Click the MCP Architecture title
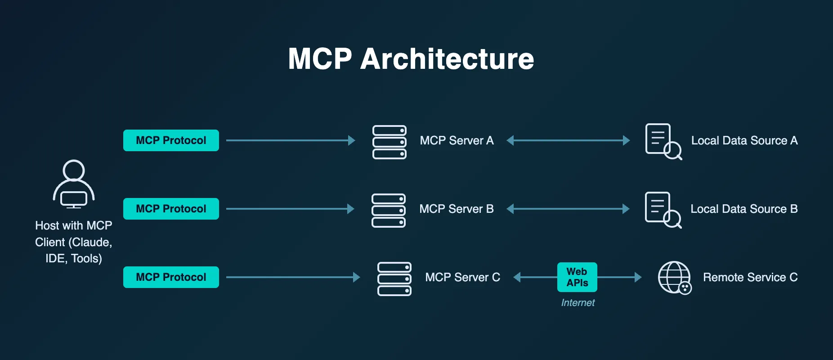(x=411, y=59)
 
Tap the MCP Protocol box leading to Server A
(x=171, y=140)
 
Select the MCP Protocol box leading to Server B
(x=171, y=209)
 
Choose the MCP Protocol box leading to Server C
(x=171, y=277)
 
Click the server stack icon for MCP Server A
(x=390, y=142)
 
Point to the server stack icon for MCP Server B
(x=389, y=211)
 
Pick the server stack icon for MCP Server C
(x=394, y=279)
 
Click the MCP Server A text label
(x=457, y=140)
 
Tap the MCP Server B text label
(x=456, y=209)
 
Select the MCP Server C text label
(x=462, y=277)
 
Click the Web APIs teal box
(x=577, y=277)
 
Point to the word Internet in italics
(x=578, y=303)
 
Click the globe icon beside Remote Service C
(x=674, y=278)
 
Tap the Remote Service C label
(x=750, y=277)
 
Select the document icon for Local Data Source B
(x=663, y=210)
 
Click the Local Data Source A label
(x=744, y=140)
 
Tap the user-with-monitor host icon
(x=74, y=184)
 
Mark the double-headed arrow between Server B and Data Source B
(x=568, y=209)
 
